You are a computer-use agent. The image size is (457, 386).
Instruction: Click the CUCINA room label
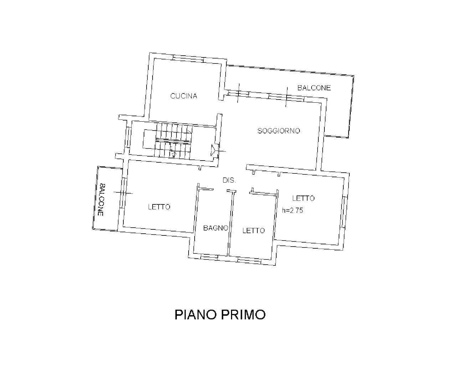click(184, 96)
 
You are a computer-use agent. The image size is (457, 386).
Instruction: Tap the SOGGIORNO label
click(279, 131)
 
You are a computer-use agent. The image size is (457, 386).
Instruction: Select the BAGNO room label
click(216, 228)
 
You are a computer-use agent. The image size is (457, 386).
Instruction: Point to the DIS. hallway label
click(229, 180)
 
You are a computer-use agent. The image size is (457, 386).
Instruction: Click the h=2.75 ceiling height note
click(293, 210)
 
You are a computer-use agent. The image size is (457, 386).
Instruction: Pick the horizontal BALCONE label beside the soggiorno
click(314, 88)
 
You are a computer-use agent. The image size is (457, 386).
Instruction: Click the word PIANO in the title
click(195, 315)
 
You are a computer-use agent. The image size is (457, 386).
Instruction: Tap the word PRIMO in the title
click(243, 315)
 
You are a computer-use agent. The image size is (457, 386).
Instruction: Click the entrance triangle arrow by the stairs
click(213, 150)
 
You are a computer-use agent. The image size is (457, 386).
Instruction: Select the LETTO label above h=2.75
click(303, 198)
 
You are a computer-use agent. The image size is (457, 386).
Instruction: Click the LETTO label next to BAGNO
click(253, 230)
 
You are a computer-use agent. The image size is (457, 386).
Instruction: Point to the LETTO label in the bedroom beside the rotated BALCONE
click(159, 207)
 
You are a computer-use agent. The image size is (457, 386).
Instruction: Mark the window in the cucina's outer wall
click(188, 58)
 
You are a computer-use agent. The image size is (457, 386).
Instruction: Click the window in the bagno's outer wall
click(209, 257)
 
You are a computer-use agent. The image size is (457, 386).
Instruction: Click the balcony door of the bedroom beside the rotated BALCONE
click(123, 193)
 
